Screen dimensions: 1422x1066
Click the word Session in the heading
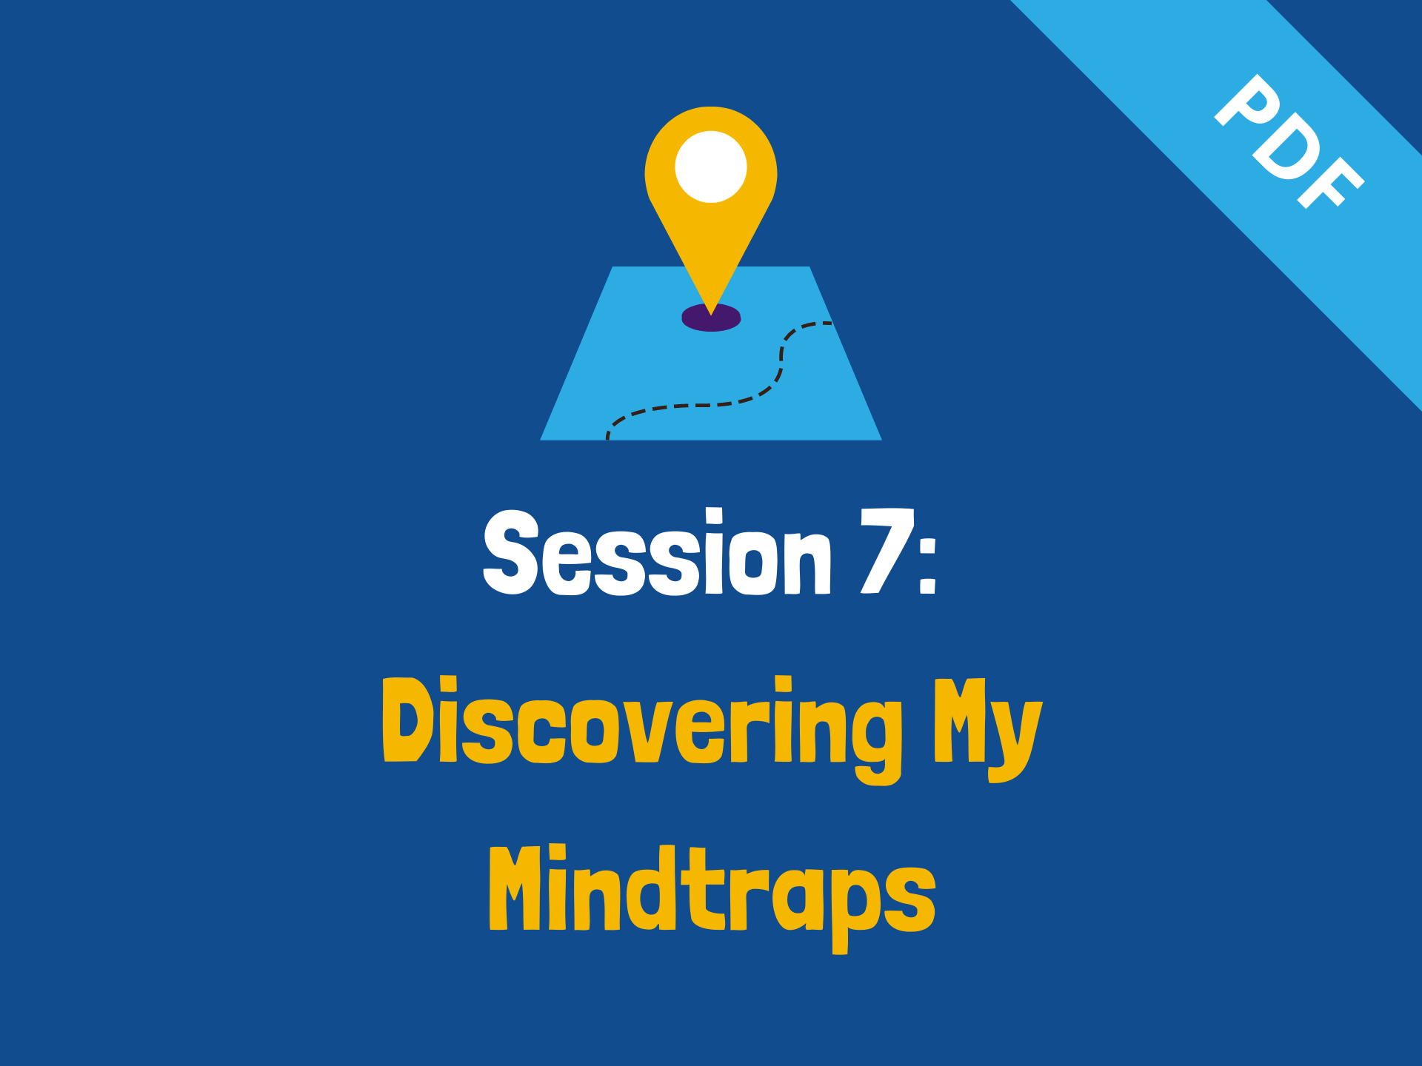point(658,552)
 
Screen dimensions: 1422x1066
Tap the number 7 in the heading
point(887,551)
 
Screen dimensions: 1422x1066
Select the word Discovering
point(642,729)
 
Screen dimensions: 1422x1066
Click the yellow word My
point(988,729)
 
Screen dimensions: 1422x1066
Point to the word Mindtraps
point(712,897)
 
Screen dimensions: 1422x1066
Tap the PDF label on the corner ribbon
point(1289,141)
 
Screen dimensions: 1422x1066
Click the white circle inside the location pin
point(711,167)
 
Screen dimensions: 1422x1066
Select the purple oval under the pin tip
point(711,318)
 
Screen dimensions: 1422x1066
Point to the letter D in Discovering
point(407,719)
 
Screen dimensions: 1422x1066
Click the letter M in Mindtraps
point(516,888)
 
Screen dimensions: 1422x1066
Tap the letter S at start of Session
point(511,552)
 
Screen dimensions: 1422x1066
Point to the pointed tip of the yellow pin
point(711,315)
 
